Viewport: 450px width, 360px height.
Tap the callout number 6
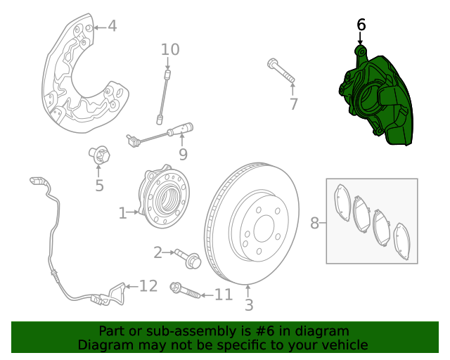tap(361, 25)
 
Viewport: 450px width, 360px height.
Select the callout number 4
tap(112, 27)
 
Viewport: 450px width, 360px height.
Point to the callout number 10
tap(170, 49)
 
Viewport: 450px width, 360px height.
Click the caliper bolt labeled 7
tap(281, 71)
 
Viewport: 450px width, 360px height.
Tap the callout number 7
tap(293, 105)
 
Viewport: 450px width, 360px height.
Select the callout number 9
tap(182, 153)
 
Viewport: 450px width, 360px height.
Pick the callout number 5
tap(99, 186)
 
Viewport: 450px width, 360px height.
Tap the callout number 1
tap(122, 212)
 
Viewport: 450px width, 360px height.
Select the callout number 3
tap(248, 305)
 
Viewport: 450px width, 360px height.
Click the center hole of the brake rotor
tap(263, 227)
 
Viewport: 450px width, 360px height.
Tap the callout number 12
tap(148, 286)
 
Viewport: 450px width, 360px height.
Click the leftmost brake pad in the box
tap(344, 203)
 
